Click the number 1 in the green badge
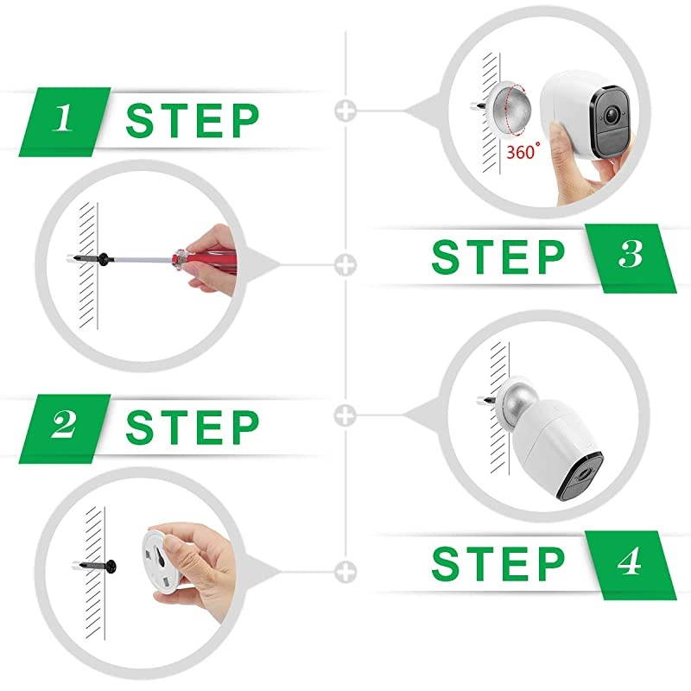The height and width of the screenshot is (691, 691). [x=63, y=117]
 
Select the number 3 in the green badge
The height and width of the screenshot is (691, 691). [x=631, y=254]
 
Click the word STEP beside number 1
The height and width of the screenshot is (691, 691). [x=192, y=120]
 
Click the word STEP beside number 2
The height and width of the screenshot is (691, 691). [x=192, y=427]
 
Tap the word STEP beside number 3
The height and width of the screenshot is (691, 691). [x=498, y=257]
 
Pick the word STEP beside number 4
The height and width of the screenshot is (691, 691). [x=498, y=564]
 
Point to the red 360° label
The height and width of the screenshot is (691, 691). [x=523, y=151]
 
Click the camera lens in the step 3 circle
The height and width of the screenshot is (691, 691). [x=612, y=115]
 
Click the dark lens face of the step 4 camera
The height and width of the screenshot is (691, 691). [x=580, y=478]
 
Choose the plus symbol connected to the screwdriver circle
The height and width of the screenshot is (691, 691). [x=345, y=265]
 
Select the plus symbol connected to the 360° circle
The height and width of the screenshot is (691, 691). [x=345, y=111]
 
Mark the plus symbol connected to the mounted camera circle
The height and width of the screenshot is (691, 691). [x=345, y=415]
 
